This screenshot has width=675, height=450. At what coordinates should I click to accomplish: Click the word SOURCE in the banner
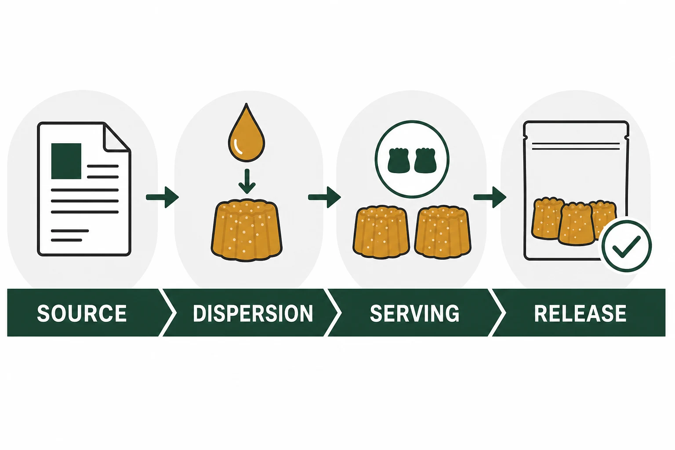coord(82,313)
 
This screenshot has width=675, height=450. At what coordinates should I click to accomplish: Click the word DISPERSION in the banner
coord(253,313)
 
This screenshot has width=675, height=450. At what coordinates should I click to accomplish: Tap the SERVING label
coord(415,313)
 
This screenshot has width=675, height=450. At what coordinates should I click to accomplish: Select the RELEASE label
coord(580,313)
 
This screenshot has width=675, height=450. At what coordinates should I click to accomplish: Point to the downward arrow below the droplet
coord(247,181)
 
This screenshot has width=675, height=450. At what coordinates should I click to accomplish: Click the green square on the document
coord(66,161)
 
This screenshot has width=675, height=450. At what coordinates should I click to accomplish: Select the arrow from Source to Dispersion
coord(163,197)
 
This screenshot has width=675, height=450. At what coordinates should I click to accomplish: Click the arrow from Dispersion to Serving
coord(325,197)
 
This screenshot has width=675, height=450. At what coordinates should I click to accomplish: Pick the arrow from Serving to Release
coord(490,197)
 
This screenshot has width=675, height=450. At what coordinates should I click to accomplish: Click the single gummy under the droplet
coord(247,230)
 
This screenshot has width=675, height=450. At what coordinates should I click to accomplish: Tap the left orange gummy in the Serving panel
coord(381,232)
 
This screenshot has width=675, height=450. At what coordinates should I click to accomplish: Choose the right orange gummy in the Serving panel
coord(443,232)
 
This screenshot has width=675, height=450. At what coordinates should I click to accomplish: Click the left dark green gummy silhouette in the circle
coord(399,160)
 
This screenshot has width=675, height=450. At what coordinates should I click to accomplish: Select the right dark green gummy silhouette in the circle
coord(425,160)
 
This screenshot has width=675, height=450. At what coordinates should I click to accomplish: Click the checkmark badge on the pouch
coord(627,246)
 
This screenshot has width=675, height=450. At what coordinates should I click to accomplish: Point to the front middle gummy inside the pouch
coord(577,224)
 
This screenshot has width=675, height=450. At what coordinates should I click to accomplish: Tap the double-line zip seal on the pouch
coord(576,146)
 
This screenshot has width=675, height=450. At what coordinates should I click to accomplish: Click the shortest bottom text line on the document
coord(67,240)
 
